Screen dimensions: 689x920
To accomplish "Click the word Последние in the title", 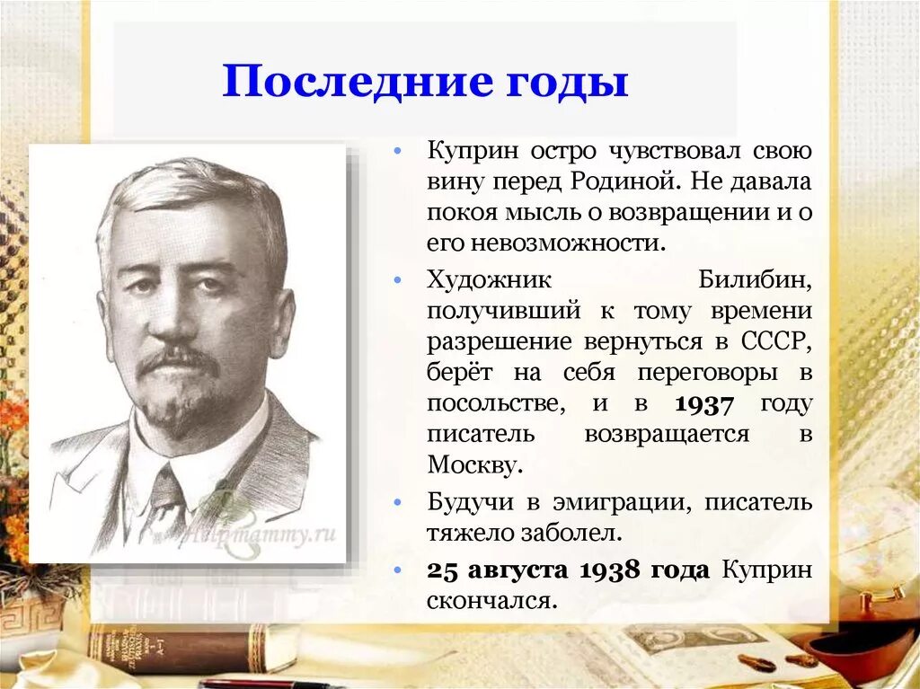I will pyautogui.click(x=347, y=82).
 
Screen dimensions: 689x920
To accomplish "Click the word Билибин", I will pyautogui.click(x=756, y=280).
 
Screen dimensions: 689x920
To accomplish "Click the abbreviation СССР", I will pyautogui.click(x=778, y=342).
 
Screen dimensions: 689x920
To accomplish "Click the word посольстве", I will pyautogui.click(x=496, y=404).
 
